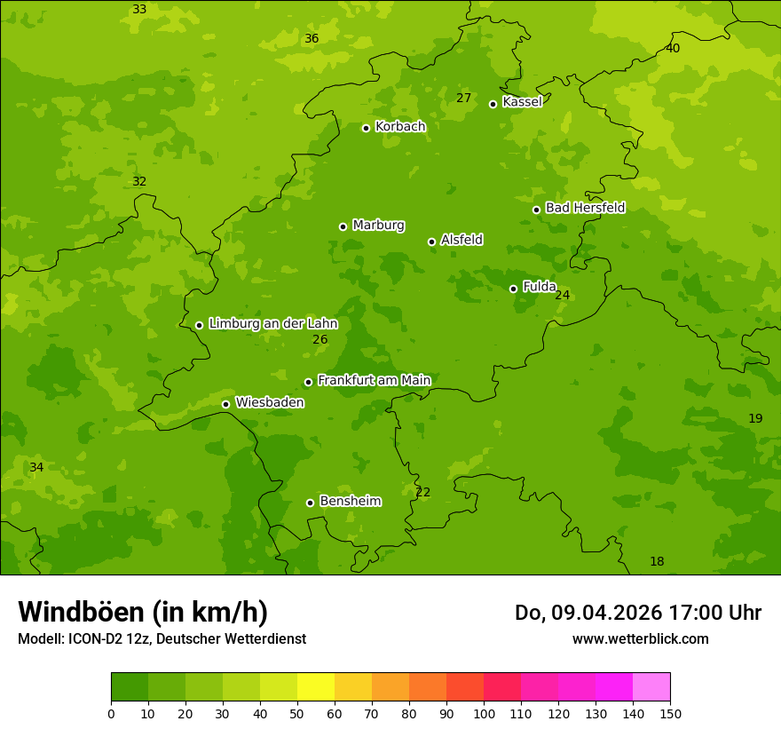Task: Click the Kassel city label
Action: tap(522, 102)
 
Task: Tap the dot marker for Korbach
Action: tap(366, 128)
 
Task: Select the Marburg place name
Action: tap(378, 226)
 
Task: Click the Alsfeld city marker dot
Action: tap(431, 242)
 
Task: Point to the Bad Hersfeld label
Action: tap(585, 208)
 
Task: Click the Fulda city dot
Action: tap(513, 289)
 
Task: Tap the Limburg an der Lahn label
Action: tap(272, 324)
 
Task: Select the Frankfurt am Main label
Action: tap(374, 380)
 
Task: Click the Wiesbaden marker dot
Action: tap(225, 404)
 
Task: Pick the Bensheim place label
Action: tap(350, 502)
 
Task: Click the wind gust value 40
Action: tap(673, 48)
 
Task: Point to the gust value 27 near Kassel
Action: tap(463, 98)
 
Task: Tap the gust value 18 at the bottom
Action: tap(657, 561)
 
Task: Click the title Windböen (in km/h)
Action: tap(143, 612)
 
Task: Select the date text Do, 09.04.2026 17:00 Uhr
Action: tap(637, 613)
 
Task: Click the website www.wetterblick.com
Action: tap(640, 639)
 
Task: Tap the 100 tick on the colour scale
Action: tap(484, 713)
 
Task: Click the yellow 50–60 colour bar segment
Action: tap(316, 687)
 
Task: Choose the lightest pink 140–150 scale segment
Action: tap(651, 687)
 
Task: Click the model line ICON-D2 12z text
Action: tap(162, 639)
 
